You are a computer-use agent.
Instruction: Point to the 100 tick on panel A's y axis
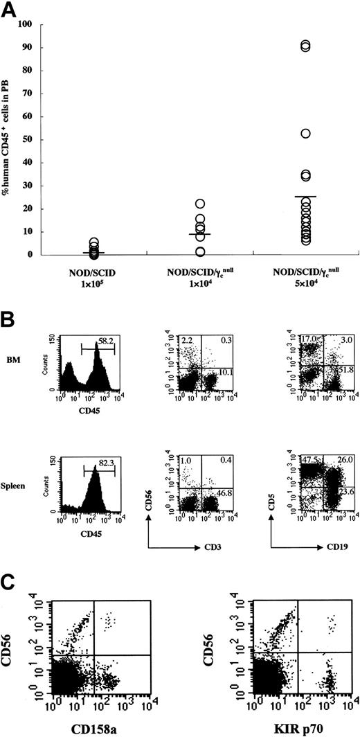pyautogui.click(x=31, y=25)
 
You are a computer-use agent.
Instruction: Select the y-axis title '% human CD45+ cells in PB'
pyautogui.click(x=9, y=139)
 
